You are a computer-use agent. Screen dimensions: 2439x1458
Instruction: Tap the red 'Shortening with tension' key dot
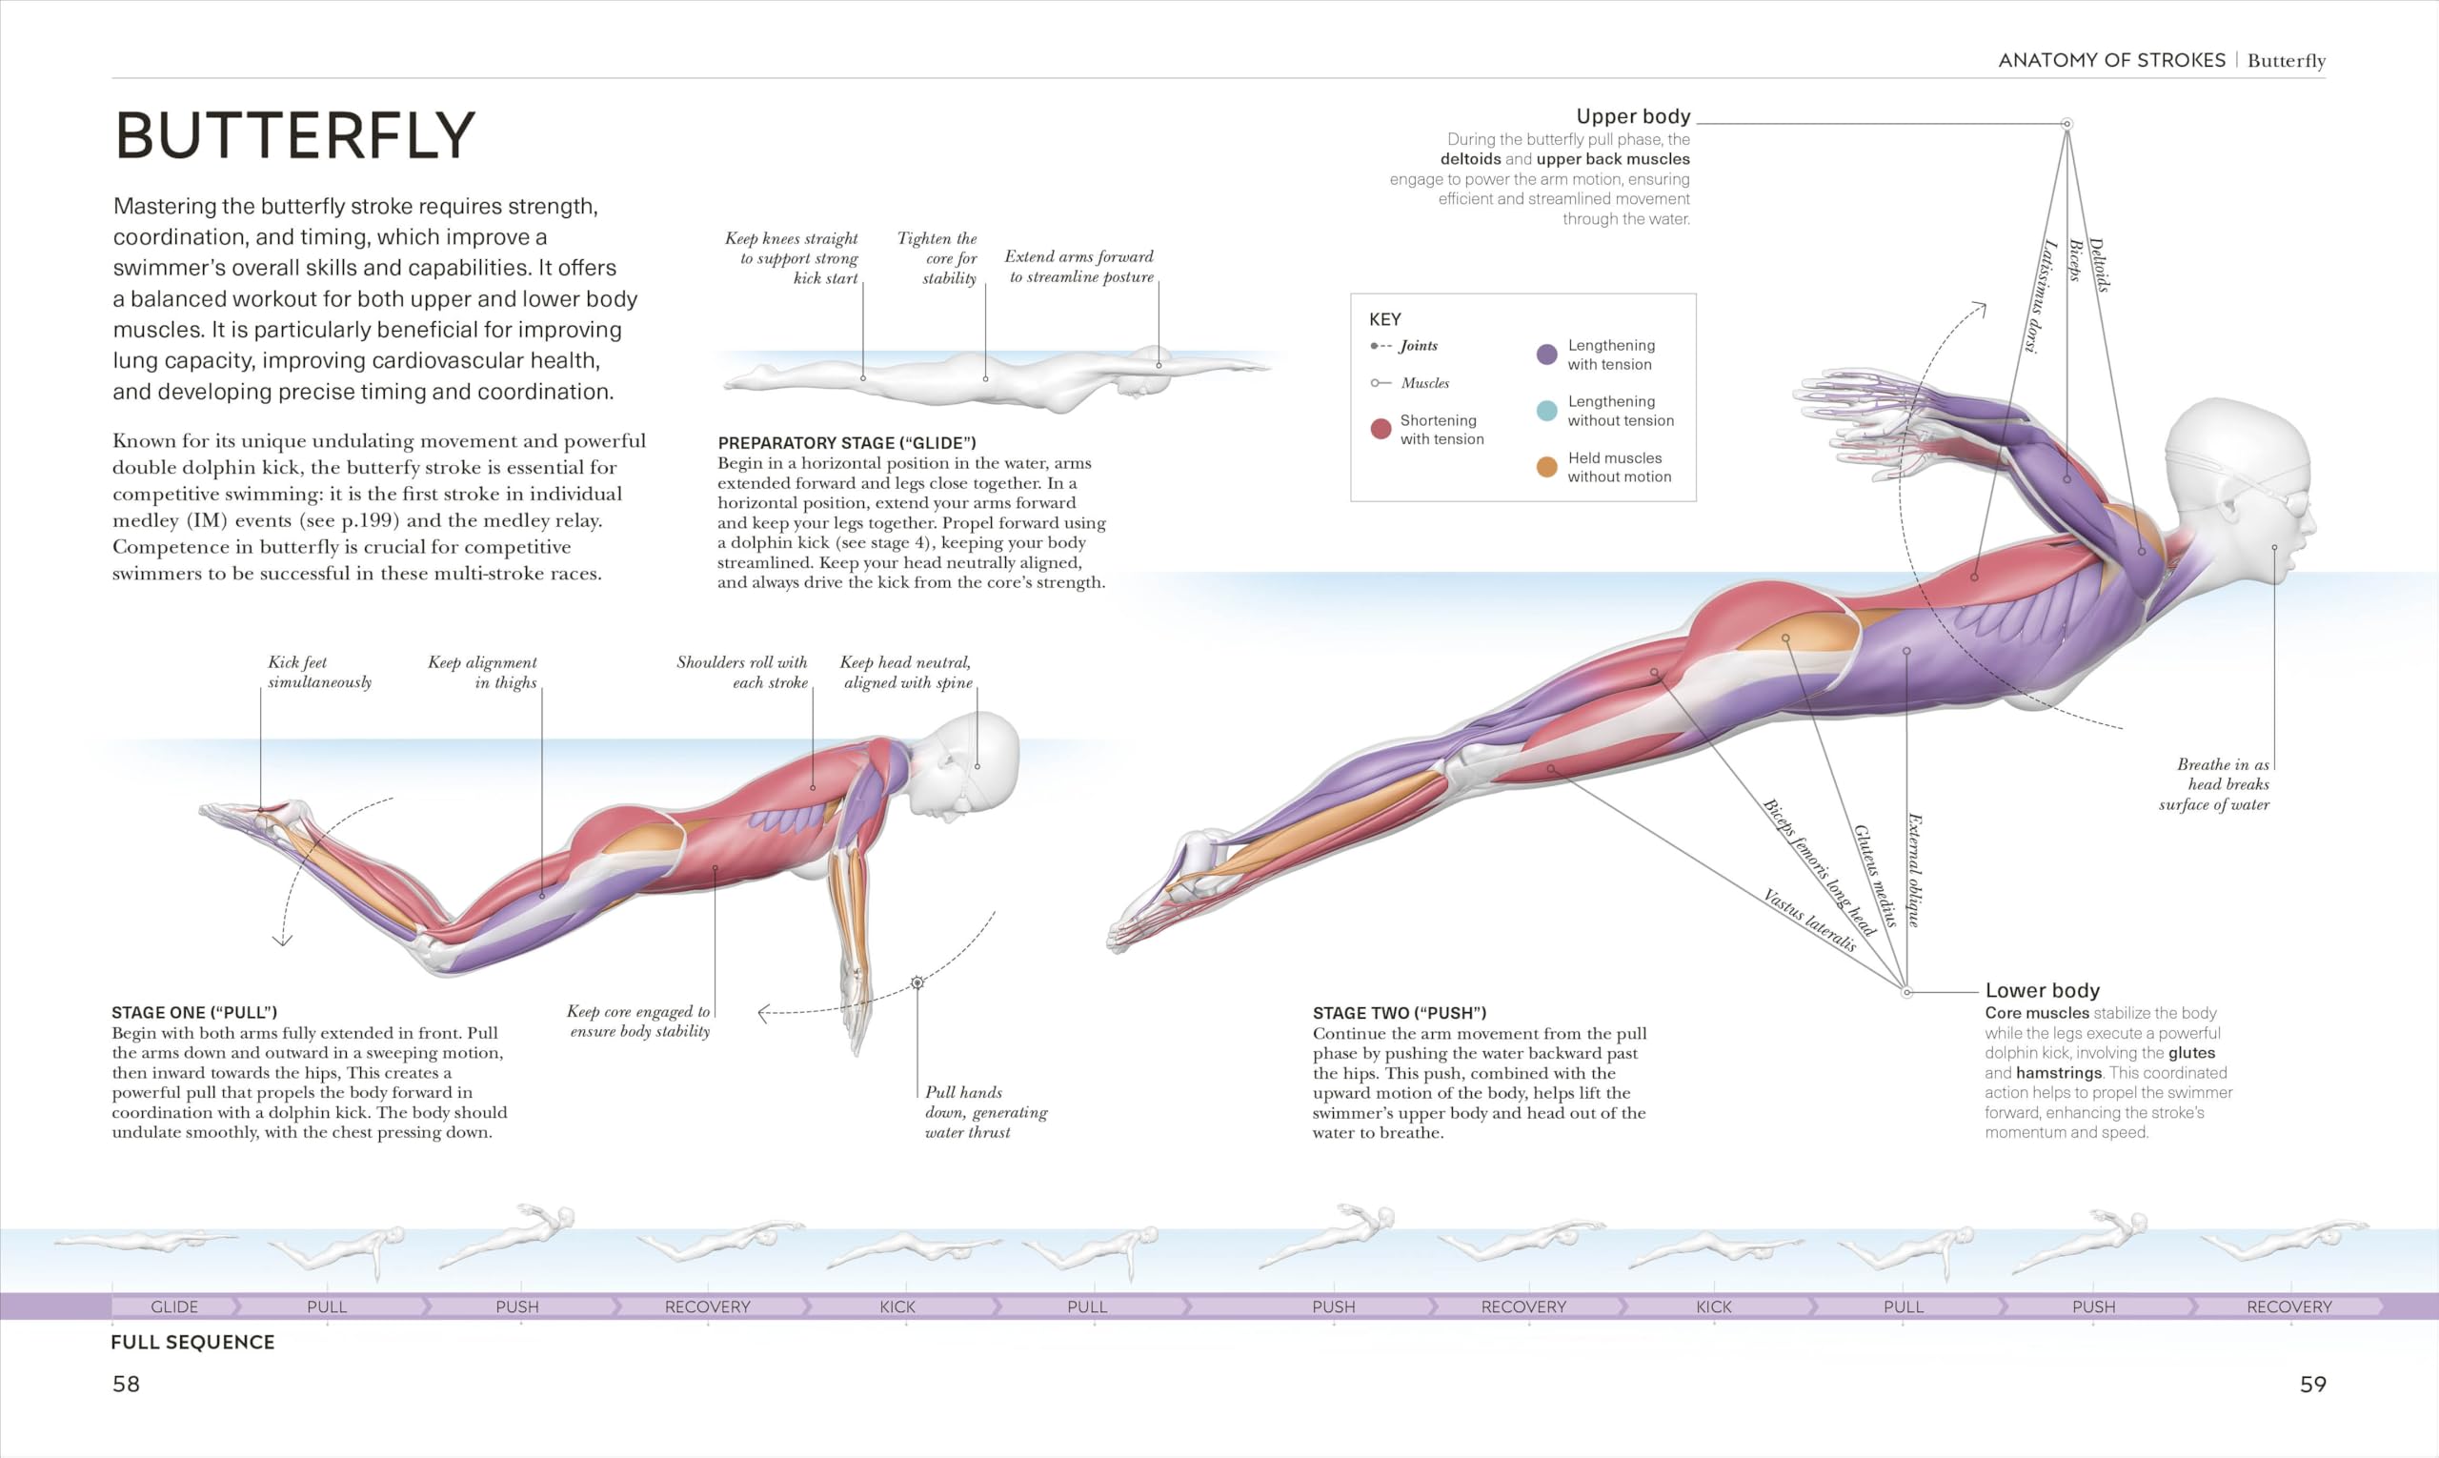[x=1381, y=429]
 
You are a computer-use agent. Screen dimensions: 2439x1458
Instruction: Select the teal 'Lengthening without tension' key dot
[x=1546, y=411]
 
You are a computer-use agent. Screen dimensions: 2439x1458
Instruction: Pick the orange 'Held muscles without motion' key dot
[x=1546, y=467]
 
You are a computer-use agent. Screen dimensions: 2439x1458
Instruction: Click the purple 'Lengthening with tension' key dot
[x=1546, y=354]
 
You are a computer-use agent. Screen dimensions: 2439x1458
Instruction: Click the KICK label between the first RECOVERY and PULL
[x=897, y=1306]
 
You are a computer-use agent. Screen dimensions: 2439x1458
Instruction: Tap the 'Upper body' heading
[x=1633, y=116]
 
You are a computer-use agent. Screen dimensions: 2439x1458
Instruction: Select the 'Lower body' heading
[x=2042, y=990]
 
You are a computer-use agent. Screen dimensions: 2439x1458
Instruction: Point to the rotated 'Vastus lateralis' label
[x=1809, y=921]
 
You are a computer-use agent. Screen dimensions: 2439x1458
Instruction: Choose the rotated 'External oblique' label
[x=1914, y=869]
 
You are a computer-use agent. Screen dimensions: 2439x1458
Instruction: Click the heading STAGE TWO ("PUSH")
[x=1400, y=1013]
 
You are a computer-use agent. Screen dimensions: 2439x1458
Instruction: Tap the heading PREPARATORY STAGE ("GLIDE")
[x=847, y=443]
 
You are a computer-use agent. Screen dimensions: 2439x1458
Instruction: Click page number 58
[x=126, y=1385]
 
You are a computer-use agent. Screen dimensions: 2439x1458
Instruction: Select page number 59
[x=2313, y=1385]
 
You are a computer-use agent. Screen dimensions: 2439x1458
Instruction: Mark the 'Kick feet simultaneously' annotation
[x=320, y=672]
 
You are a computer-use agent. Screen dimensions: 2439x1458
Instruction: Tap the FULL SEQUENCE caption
[x=192, y=1342]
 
